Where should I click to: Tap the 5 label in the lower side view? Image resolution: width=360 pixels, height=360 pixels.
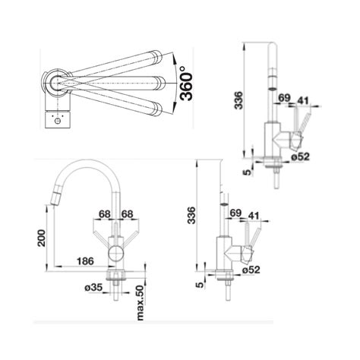[199, 285]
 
